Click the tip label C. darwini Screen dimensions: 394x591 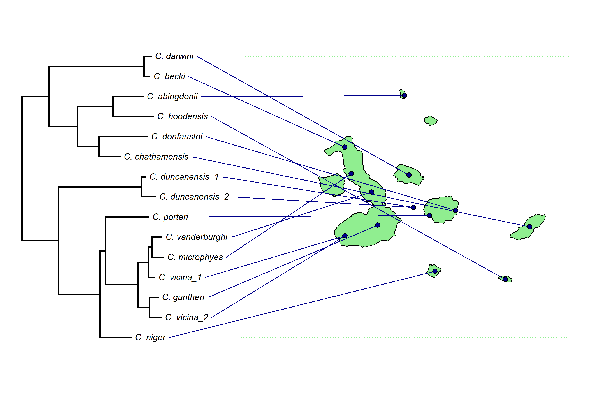[x=174, y=56]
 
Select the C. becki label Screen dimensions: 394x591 [x=169, y=76]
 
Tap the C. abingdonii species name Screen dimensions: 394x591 [x=172, y=97]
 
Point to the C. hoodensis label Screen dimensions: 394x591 [x=182, y=117]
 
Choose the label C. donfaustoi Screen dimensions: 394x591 [x=177, y=137]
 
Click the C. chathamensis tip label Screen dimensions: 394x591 [x=156, y=157]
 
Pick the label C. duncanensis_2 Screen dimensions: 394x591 [x=194, y=197]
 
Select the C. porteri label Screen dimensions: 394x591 [x=170, y=217]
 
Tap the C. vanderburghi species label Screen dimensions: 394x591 [x=197, y=237]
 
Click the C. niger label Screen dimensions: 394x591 [x=150, y=338]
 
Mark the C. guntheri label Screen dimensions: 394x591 [x=183, y=297]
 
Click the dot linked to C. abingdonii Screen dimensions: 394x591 [x=404, y=95]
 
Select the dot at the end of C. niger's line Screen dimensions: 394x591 [x=435, y=271]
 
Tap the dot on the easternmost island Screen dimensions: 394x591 [x=530, y=227]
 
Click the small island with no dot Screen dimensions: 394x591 [x=431, y=121]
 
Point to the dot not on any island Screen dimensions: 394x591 [x=413, y=207]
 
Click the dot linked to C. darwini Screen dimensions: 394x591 [x=409, y=175]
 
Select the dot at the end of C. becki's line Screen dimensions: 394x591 [x=345, y=147]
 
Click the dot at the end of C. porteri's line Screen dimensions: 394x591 [x=429, y=215]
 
